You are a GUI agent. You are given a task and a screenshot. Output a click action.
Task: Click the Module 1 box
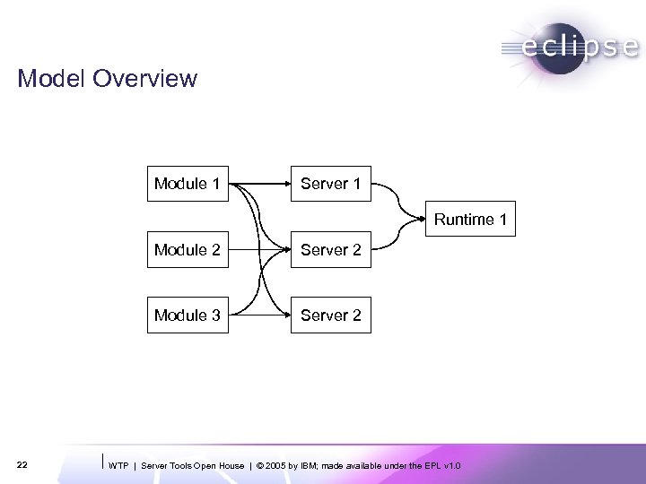[187, 184]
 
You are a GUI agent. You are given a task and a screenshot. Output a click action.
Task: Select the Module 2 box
[187, 249]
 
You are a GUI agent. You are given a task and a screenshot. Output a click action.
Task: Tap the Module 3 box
[187, 315]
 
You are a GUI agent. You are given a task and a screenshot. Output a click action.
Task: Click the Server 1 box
[330, 184]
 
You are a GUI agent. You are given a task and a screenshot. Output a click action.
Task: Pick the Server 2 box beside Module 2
[330, 249]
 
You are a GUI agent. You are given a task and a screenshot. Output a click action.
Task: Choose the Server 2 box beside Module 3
[330, 315]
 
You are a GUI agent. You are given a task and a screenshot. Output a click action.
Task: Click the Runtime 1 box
[471, 219]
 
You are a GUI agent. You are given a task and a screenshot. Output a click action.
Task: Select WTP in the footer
[118, 466]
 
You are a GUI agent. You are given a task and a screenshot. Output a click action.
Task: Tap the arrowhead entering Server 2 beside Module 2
[285, 250]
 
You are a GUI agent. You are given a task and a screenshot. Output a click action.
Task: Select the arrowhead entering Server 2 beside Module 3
[285, 315]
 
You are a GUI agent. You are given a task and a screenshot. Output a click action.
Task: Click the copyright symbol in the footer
[260, 466]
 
